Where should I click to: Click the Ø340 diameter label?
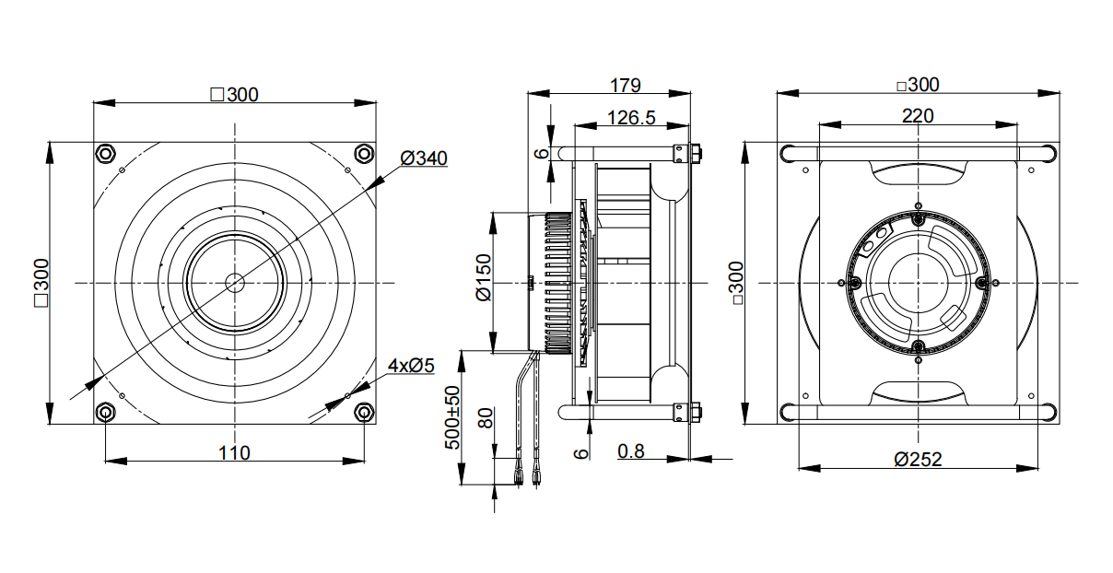(424, 158)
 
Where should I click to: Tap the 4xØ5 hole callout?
(411, 366)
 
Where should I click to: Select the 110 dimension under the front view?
(234, 452)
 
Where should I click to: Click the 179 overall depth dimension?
(626, 86)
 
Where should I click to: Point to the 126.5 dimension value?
(631, 118)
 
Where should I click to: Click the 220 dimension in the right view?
(918, 116)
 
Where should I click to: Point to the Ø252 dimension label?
(918, 460)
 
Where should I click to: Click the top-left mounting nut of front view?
(105, 153)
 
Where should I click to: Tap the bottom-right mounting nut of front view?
(364, 411)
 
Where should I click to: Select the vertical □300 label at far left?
(41, 282)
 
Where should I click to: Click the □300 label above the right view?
(918, 85)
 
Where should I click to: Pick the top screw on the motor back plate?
(919, 218)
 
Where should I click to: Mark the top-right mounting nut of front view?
(364, 153)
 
